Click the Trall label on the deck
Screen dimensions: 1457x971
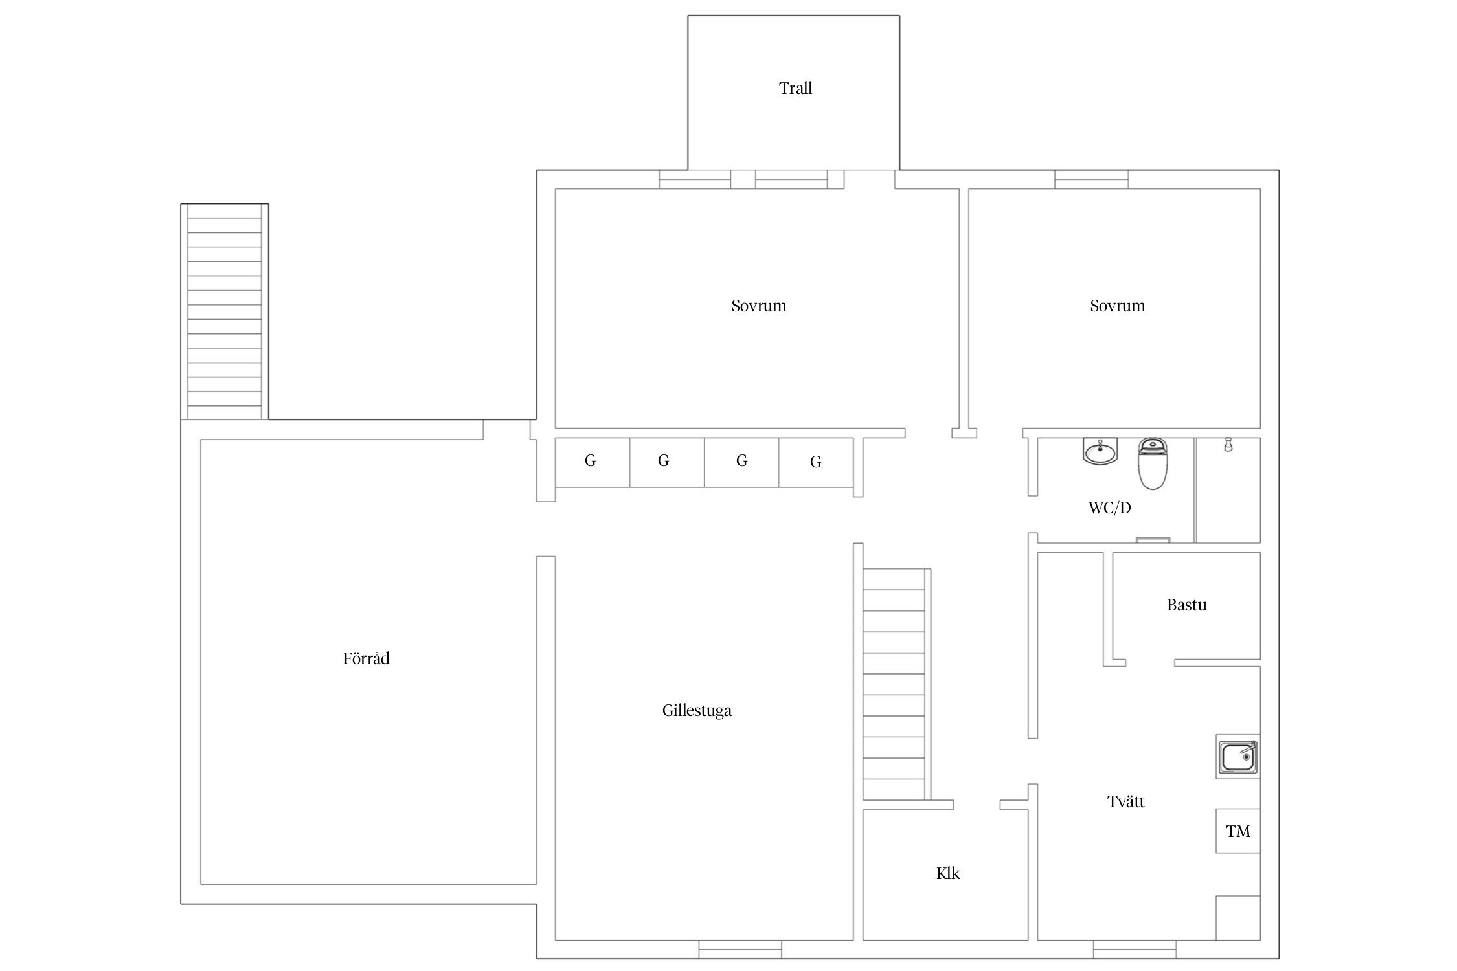795,88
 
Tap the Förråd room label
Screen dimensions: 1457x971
366,658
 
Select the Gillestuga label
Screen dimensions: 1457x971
697,711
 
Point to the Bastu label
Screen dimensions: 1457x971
1186,605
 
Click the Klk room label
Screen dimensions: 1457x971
948,873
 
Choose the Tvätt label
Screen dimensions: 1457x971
1126,801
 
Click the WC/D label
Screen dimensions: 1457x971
1110,508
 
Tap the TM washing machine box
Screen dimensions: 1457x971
1237,831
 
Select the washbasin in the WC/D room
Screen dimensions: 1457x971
1100,451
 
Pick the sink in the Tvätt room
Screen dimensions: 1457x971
1237,757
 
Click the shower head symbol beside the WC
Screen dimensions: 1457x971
1228,445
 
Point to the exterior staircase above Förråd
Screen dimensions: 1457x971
224,311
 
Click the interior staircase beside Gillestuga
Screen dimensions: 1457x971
897,684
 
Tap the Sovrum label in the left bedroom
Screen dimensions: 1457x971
759,306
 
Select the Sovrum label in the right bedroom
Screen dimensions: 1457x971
1118,306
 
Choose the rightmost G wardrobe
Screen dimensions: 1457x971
816,462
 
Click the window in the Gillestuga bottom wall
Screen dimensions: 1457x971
740,950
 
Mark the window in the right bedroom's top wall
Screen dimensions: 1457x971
1091,179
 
